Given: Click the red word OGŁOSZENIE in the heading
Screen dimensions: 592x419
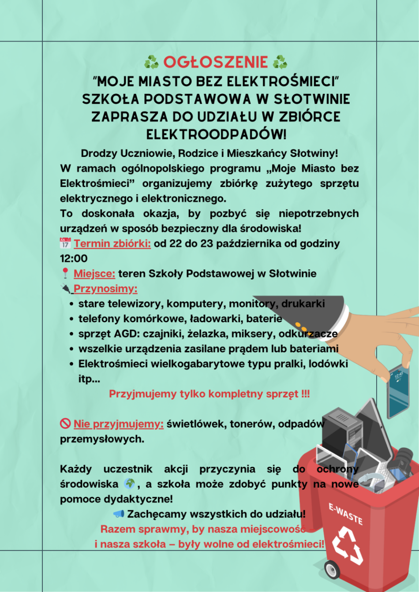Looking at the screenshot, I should (216, 62).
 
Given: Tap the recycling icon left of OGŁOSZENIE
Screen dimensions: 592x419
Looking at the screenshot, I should (151, 62).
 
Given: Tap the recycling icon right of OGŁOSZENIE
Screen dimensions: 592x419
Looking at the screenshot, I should (280, 62).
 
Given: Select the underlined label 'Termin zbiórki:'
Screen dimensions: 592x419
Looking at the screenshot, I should (112, 244).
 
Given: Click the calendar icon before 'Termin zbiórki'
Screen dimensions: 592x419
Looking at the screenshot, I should (65, 243).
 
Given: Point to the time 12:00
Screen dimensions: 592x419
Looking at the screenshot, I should (74, 259).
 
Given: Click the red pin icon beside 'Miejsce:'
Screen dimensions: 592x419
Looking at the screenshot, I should (65, 273).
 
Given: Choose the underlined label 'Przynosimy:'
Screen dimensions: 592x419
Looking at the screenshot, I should (105, 289).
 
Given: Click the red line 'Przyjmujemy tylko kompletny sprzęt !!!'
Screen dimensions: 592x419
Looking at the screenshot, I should (209, 394).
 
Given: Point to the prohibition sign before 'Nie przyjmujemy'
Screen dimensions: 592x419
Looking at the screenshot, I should (65, 424).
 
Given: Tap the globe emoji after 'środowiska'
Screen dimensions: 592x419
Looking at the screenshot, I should (129, 484).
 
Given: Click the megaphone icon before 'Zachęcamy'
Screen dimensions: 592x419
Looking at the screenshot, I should (119, 514).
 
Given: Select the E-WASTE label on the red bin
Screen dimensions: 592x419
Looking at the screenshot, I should (346, 514).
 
